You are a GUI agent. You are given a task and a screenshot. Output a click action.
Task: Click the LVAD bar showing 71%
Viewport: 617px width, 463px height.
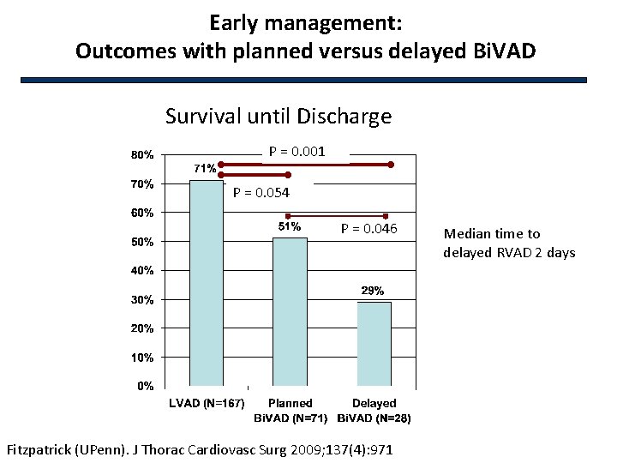tap(206, 283)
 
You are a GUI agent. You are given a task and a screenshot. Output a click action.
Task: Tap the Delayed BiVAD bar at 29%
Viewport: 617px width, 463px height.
tap(374, 343)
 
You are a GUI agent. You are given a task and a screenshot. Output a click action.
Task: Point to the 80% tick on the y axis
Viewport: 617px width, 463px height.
tap(142, 155)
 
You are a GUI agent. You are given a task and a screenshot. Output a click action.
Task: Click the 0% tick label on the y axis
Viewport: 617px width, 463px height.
tap(146, 387)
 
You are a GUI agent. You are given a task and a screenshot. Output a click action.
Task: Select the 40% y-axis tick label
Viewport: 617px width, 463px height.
tap(142, 271)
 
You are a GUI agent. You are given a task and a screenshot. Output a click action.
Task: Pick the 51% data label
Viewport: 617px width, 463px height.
tap(289, 226)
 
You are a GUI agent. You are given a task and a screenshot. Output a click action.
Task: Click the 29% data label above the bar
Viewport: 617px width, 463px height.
tap(373, 291)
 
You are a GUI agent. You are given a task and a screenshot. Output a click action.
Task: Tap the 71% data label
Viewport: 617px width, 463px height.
tap(204, 169)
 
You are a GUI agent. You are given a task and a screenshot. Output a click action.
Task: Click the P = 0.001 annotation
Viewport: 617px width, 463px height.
tap(297, 152)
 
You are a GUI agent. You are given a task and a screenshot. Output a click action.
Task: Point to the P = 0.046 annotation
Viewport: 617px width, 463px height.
tap(368, 228)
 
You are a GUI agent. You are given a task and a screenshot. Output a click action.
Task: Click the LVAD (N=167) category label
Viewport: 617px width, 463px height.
tap(206, 403)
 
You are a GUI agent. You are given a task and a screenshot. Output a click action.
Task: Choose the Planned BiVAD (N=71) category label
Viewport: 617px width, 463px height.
tap(290, 411)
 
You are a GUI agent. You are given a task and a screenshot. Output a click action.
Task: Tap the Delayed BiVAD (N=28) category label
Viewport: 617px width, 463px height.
tap(374, 411)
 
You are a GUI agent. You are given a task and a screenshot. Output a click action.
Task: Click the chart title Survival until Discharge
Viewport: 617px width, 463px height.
tap(279, 116)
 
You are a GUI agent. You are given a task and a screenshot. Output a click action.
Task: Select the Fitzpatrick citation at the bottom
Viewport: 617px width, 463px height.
tap(200, 448)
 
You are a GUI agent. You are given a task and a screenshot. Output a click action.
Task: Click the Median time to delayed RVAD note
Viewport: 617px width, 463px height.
tap(509, 243)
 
